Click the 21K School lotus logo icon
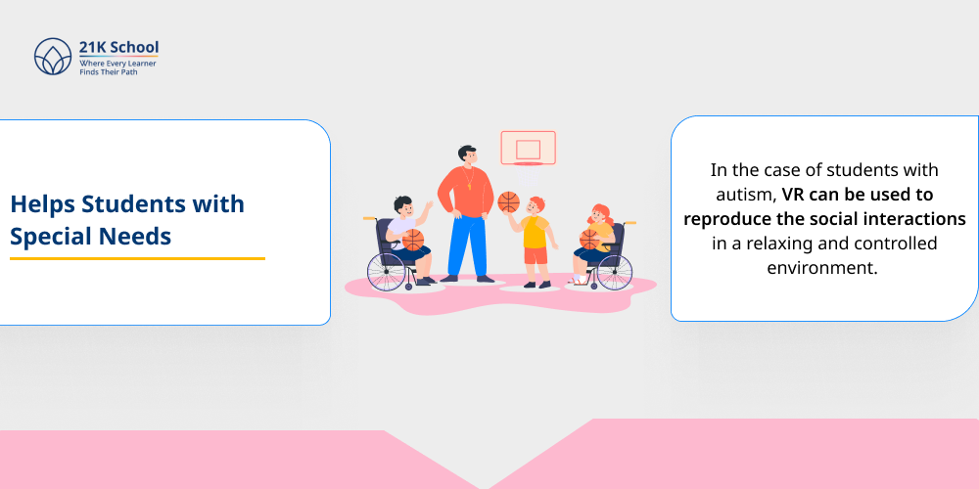coord(53,57)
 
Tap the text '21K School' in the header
coord(119,47)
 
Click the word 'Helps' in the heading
coord(42,205)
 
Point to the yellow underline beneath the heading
coord(137,258)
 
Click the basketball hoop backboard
coord(528,148)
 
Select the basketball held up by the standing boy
coord(508,202)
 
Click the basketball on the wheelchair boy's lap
coord(413,241)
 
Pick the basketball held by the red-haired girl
coord(590,239)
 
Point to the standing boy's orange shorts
coord(536,255)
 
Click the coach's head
coord(467,156)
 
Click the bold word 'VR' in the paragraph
coord(793,194)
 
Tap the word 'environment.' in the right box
coord(823,267)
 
